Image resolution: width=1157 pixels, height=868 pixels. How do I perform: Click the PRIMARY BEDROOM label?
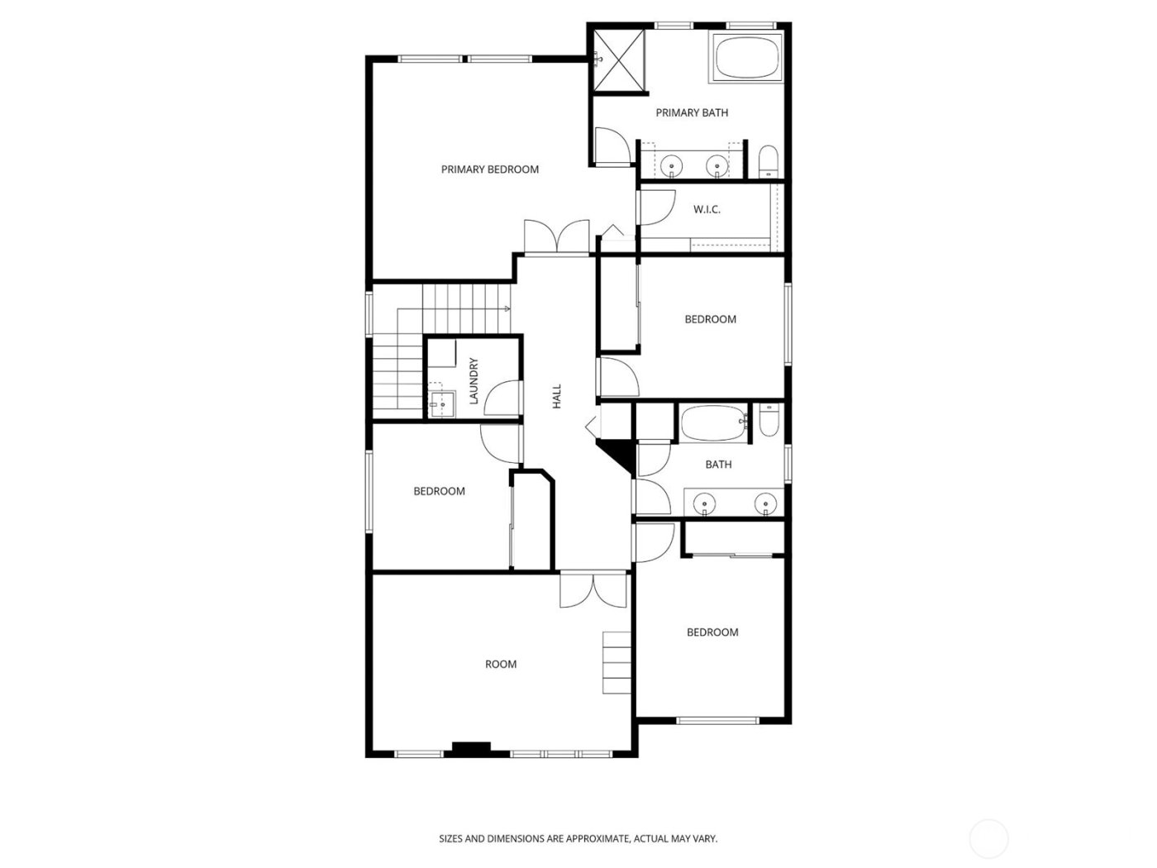tap(489, 169)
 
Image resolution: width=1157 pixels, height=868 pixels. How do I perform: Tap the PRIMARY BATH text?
tap(692, 112)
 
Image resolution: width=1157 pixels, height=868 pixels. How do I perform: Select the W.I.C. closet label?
tap(707, 210)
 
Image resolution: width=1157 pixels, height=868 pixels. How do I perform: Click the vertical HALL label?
tap(557, 395)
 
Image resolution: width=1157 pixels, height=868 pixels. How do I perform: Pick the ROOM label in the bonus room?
tap(501, 664)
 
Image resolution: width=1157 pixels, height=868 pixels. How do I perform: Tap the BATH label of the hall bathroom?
tap(718, 465)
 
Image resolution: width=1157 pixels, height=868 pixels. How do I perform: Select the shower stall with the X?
tap(619, 56)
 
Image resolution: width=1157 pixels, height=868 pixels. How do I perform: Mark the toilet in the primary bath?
tap(768, 162)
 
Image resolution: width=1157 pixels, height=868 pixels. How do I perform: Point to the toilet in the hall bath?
tap(769, 421)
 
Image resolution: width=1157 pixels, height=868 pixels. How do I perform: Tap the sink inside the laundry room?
tap(441, 405)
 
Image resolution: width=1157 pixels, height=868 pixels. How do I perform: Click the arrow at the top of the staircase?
tap(507, 309)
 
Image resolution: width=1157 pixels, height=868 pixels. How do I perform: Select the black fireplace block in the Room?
tap(470, 749)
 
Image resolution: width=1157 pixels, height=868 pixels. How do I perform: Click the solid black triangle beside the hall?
tap(617, 454)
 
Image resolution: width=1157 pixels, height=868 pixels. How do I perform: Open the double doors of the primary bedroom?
tap(557, 236)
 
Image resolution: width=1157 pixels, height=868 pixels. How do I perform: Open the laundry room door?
tap(502, 397)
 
